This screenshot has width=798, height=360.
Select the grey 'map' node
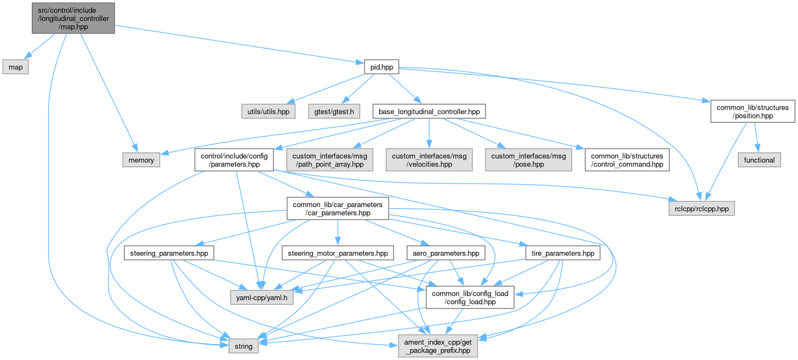tap(15, 67)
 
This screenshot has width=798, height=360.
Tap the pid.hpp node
tap(381, 67)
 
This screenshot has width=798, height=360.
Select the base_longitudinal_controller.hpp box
tap(429, 111)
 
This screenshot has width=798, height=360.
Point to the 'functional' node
tap(759, 160)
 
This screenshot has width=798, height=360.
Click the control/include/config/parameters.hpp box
tap(234, 160)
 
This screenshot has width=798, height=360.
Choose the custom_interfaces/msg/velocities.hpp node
tap(429, 160)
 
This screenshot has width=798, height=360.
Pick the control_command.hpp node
tap(628, 160)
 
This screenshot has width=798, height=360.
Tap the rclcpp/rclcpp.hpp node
tap(701, 209)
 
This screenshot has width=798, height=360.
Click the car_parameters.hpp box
tap(338, 209)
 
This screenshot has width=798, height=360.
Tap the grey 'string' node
tap(243, 346)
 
